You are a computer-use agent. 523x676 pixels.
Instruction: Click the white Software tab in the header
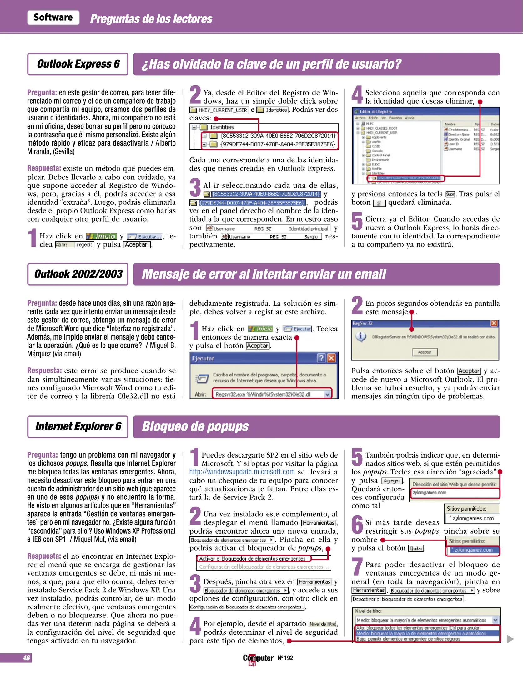pyautogui.click(x=53, y=18)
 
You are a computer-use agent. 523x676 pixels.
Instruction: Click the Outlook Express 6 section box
pyautogui.click(x=78, y=64)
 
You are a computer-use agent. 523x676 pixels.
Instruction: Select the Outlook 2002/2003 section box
pyautogui.click(x=78, y=274)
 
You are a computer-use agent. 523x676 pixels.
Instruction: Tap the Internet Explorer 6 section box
pyautogui.click(x=78, y=427)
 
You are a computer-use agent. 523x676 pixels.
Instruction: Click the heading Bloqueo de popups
pyautogui.click(x=195, y=427)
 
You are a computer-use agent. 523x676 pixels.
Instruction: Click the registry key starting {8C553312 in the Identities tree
pyautogui.click(x=278, y=136)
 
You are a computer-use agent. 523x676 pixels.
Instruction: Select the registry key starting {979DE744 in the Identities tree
pyautogui.click(x=278, y=144)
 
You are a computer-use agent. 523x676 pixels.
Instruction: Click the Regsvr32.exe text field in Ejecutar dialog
pyautogui.click(x=269, y=394)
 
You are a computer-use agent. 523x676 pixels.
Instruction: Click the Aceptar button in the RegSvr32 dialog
pyautogui.click(x=425, y=352)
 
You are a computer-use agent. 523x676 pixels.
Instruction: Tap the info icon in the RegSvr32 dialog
pyautogui.click(x=361, y=337)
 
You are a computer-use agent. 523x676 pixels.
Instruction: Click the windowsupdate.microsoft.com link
pyautogui.click(x=242, y=472)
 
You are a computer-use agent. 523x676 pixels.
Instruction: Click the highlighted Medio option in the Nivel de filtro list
pyautogui.click(x=421, y=633)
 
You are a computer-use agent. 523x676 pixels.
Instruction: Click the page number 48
pyautogui.click(x=26, y=658)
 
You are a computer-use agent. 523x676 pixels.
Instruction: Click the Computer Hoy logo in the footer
pyautogui.click(x=258, y=659)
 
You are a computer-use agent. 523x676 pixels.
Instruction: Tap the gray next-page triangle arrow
pyautogui.click(x=510, y=638)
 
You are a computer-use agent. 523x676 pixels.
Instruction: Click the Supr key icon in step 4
pyautogui.click(x=450, y=194)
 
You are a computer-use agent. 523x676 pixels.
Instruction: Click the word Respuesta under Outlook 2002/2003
pyautogui.click(x=44, y=371)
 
